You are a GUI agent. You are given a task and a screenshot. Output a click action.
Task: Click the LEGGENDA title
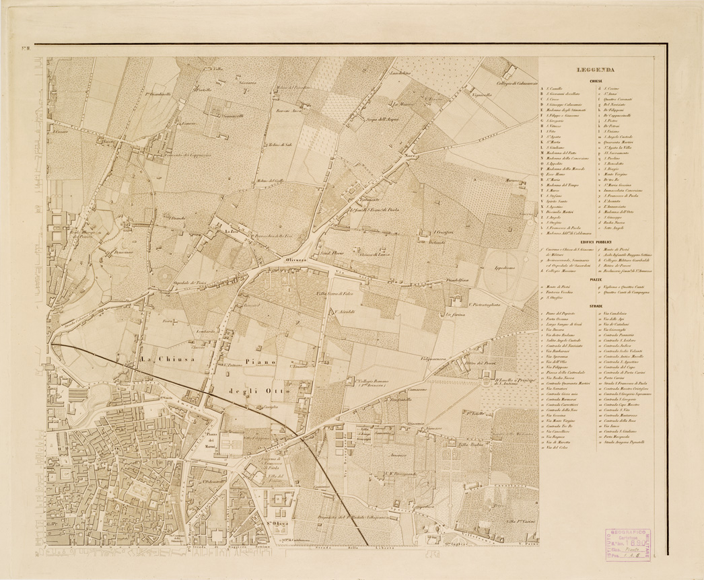(594, 69)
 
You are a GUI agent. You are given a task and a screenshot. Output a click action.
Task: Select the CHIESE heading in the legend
(594, 80)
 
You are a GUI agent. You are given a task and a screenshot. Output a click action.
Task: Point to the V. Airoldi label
(341, 312)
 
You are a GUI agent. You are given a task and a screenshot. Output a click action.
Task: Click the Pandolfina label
(466, 277)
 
